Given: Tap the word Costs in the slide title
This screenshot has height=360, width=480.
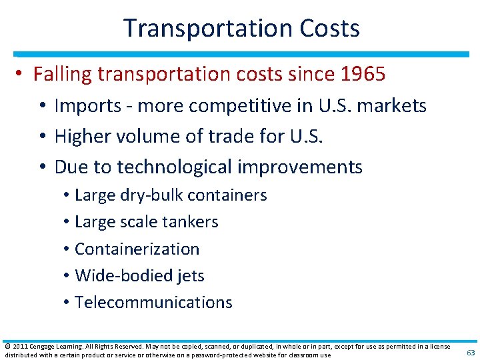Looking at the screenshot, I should coord(326,29).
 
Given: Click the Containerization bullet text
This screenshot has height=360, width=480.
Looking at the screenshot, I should coord(137,249).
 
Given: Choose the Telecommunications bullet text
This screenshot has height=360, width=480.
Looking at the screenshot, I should coord(153,302).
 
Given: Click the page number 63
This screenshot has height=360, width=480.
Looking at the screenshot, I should coord(469,352).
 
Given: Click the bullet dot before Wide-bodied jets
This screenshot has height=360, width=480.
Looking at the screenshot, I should coord(67,276).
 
